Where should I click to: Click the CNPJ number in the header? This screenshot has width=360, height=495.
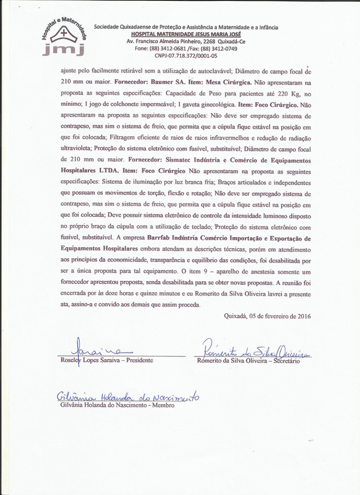click(x=186, y=55)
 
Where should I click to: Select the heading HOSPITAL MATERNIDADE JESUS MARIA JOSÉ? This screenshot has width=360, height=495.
click(x=186, y=34)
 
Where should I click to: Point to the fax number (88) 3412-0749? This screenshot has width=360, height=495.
click(x=221, y=48)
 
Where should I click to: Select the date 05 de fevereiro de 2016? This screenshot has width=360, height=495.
click(x=280, y=316)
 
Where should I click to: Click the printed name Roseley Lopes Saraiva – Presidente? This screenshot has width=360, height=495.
click(x=106, y=360)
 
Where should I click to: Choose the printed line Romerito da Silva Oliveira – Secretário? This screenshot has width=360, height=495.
click(x=248, y=361)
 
